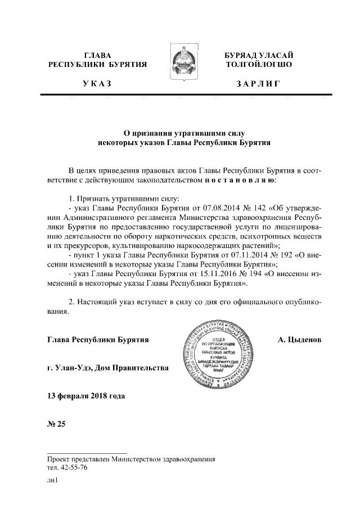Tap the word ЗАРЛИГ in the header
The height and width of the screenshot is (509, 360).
[258, 84]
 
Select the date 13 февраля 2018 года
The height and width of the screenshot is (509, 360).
[85, 395]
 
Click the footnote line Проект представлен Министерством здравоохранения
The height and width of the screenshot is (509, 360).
[132, 459]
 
